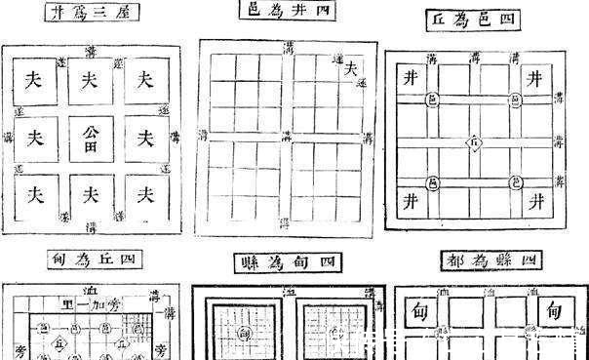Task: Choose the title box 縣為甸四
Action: coord(287,262)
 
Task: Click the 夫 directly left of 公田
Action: coord(36,135)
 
